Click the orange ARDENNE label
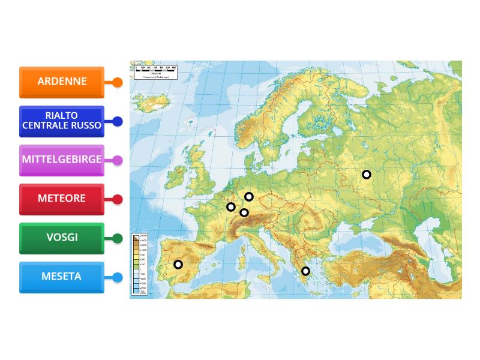(62, 82)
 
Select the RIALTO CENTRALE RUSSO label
(62, 121)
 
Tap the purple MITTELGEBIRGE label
(62, 160)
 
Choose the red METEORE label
(62, 199)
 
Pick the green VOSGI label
(62, 238)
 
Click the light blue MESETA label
(62, 277)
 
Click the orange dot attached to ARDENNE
(118, 83)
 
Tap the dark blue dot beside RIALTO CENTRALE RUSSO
(118, 122)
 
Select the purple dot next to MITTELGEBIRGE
(118, 161)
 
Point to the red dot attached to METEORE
(118, 200)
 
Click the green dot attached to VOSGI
(118, 239)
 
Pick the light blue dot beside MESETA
(118, 278)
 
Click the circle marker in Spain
(178, 265)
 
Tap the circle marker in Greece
(305, 271)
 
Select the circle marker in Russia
(367, 175)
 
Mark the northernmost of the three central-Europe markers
(249, 197)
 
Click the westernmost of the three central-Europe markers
(231, 207)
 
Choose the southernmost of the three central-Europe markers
(244, 212)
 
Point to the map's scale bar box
(154, 71)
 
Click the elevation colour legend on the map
(140, 264)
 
